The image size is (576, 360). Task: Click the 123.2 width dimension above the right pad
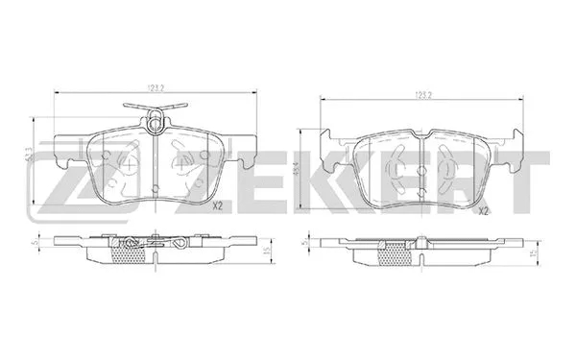pyautogui.click(x=420, y=95)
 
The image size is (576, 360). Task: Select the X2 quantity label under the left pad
pyautogui.click(x=217, y=205)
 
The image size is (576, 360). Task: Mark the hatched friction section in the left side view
pyautogui.click(x=155, y=256)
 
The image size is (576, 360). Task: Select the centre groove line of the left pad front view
pyautogui.click(x=155, y=173)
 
